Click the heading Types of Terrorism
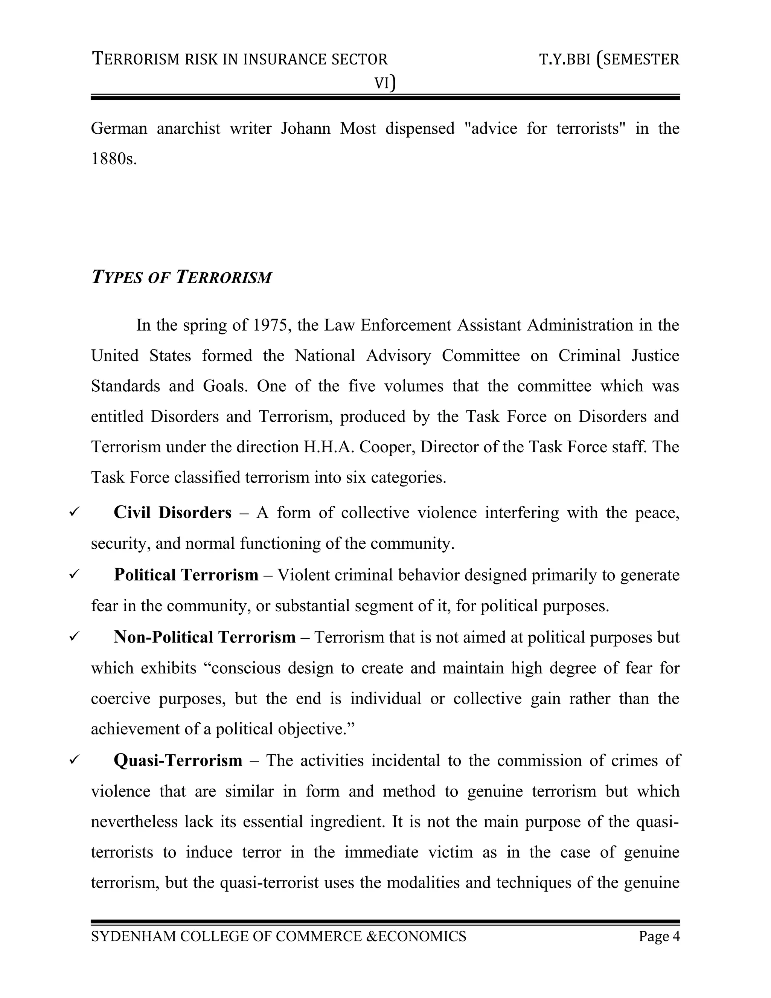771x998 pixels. [x=181, y=278]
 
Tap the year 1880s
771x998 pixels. [x=114, y=159]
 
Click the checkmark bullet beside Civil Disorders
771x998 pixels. [x=74, y=512]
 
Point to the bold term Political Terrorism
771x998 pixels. [x=186, y=575]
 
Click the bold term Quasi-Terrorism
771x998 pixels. [x=178, y=760]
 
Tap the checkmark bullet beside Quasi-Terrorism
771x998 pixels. [x=74, y=760]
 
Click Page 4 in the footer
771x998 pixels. [x=659, y=936]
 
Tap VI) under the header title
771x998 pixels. [x=385, y=83]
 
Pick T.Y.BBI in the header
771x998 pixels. [x=565, y=60]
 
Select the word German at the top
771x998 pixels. [x=119, y=128]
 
